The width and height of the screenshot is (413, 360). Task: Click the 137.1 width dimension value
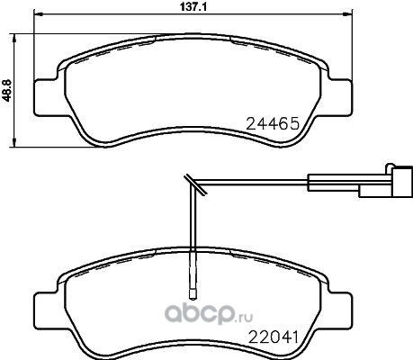(193, 7)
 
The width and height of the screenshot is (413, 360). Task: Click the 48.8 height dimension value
(7, 90)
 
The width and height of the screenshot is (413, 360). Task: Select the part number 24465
(273, 123)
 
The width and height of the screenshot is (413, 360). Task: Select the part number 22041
(273, 337)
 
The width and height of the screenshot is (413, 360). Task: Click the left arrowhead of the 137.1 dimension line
(38, 13)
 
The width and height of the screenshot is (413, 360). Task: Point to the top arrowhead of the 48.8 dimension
(13, 38)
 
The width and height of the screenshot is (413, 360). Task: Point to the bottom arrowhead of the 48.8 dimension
(13, 143)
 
